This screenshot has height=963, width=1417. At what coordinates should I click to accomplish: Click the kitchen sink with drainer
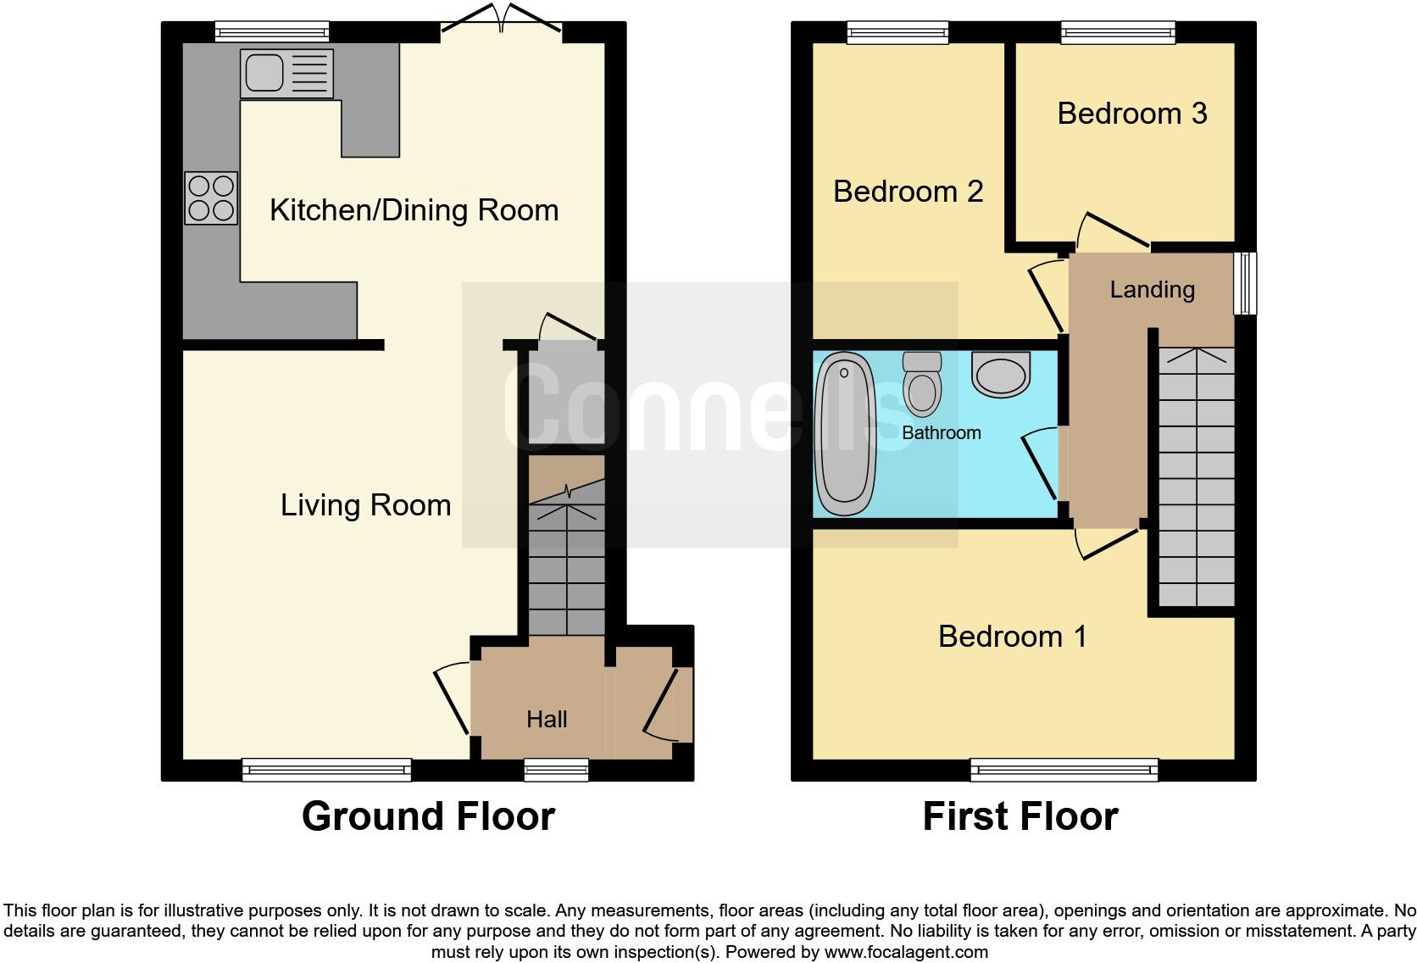click(286, 73)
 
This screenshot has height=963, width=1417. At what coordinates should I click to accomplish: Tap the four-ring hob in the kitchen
click(211, 198)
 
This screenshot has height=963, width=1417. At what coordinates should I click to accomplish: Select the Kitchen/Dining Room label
click(414, 210)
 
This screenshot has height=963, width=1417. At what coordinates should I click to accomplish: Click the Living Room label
click(365, 505)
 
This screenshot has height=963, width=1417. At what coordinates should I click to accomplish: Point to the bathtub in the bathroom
click(844, 434)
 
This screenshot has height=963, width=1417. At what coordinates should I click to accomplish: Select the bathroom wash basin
click(1001, 374)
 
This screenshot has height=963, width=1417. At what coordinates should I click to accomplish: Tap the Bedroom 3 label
click(1131, 114)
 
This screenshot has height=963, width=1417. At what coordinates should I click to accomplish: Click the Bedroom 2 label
click(908, 192)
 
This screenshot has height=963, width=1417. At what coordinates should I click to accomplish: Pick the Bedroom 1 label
click(1012, 637)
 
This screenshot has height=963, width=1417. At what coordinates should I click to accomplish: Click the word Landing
click(1152, 290)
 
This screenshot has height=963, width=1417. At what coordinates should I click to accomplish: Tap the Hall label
click(547, 720)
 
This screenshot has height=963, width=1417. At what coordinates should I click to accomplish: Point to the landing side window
click(1244, 283)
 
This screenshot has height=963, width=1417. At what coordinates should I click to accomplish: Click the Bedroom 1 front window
click(1064, 770)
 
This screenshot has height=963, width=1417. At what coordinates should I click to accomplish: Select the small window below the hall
click(556, 770)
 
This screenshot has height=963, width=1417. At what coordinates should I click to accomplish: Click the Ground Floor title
click(428, 816)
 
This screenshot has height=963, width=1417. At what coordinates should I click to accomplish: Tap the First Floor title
click(1020, 816)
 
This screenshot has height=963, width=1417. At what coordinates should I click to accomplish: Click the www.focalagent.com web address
click(905, 952)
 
